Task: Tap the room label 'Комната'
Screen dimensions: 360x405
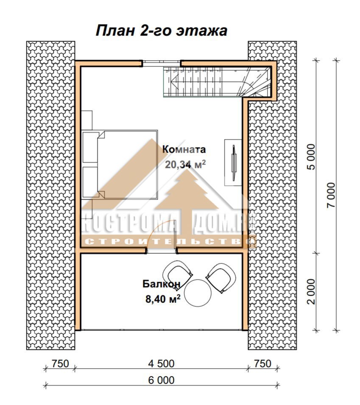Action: pos(184,149)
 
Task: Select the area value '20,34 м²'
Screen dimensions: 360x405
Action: pos(185,164)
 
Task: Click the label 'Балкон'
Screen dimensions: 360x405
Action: pos(162,284)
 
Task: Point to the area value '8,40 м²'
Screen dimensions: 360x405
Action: pos(163,299)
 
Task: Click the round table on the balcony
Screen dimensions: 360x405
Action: pos(198,293)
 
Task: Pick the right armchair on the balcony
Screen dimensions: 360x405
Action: pos(221,278)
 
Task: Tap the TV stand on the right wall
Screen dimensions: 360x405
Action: pos(233,162)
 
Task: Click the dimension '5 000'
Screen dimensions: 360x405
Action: pos(312,156)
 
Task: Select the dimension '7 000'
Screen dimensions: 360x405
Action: pos(331,195)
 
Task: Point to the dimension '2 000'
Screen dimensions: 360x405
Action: pos(312,291)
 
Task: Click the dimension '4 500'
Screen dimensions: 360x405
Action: pos(161,363)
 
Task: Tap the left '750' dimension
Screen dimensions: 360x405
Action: pos(60,363)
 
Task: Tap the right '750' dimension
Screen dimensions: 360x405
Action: pos(262,363)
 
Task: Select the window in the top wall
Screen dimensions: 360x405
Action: pos(162,64)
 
